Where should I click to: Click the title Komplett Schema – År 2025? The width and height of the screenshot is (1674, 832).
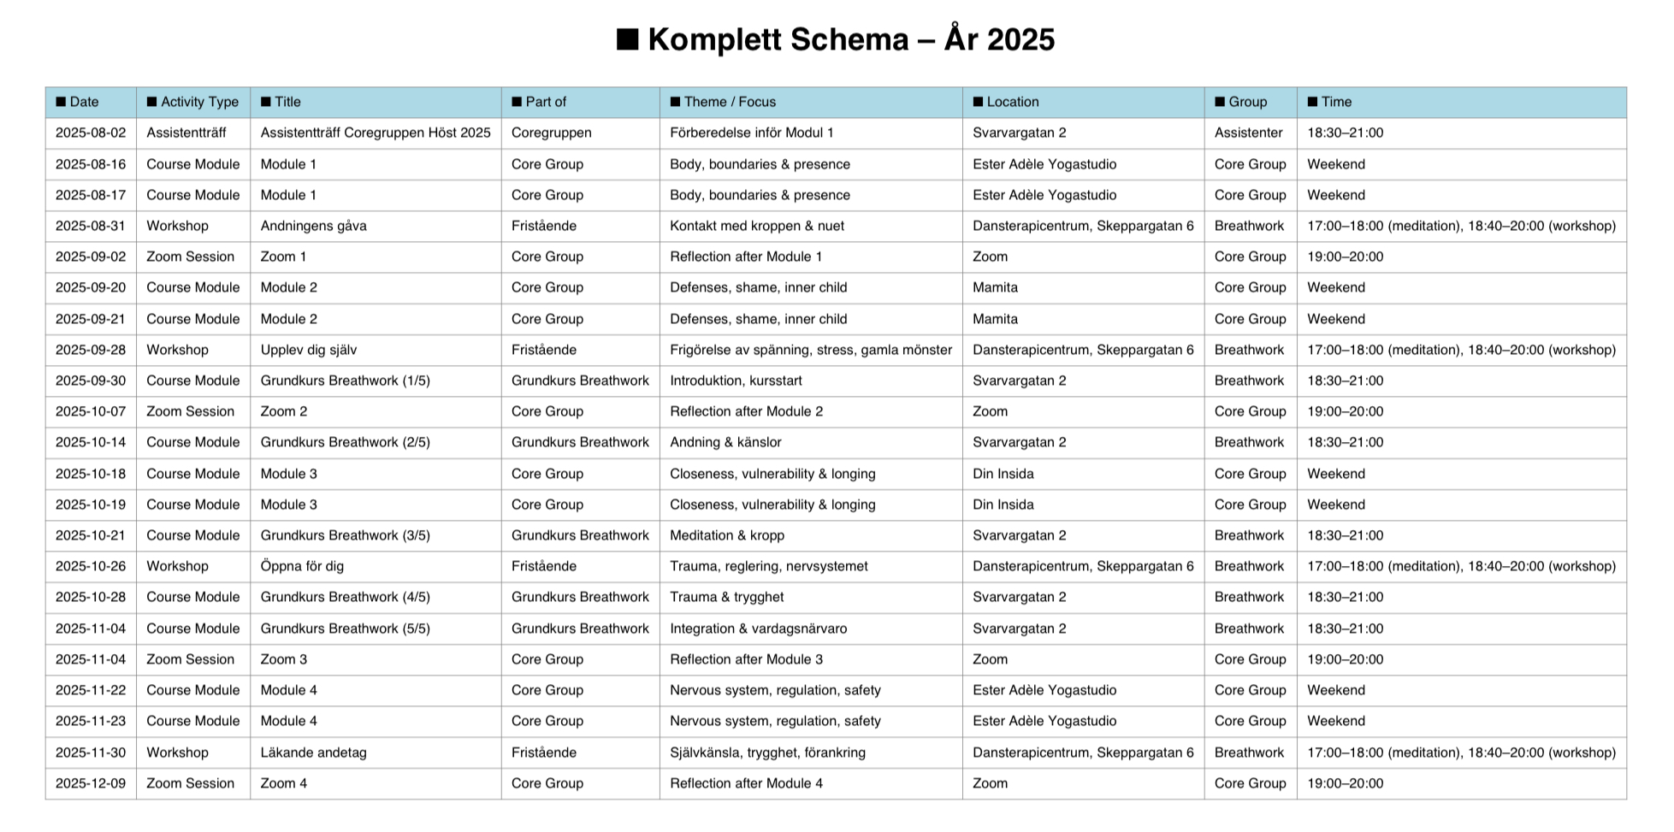[836, 39]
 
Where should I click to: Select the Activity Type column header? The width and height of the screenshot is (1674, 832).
[192, 102]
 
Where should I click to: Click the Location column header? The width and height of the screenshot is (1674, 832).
[1006, 102]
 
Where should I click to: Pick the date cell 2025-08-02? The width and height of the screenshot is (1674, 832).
[91, 133]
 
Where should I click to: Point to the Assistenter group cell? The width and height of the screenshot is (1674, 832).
[1248, 133]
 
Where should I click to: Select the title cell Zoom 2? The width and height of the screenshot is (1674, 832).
[283, 411]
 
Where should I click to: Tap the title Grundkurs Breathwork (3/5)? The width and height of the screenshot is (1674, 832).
[345, 535]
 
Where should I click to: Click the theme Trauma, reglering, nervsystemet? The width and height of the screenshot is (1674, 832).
[768, 566]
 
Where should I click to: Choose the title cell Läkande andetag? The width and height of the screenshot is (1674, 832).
[313, 752]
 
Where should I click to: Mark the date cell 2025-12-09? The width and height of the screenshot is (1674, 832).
[91, 783]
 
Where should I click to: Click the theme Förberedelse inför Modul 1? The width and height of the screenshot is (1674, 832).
[751, 133]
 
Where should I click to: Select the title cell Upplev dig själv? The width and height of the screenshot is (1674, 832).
[308, 350]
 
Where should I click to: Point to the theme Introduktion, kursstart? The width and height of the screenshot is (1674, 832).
[736, 381]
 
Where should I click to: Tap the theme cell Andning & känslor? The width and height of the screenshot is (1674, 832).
[725, 442]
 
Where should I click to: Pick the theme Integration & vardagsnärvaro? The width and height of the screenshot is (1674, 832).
[758, 628]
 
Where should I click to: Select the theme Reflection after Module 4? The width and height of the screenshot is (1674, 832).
[746, 783]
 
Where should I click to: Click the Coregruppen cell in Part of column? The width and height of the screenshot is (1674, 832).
[551, 133]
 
